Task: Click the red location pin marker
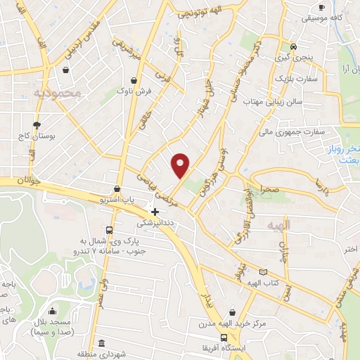click(x=181, y=165)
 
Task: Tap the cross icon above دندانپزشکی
click(x=155, y=211)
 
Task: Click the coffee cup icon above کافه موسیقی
click(x=321, y=7)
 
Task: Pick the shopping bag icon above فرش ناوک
click(x=133, y=79)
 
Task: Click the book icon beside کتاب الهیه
click(x=264, y=272)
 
